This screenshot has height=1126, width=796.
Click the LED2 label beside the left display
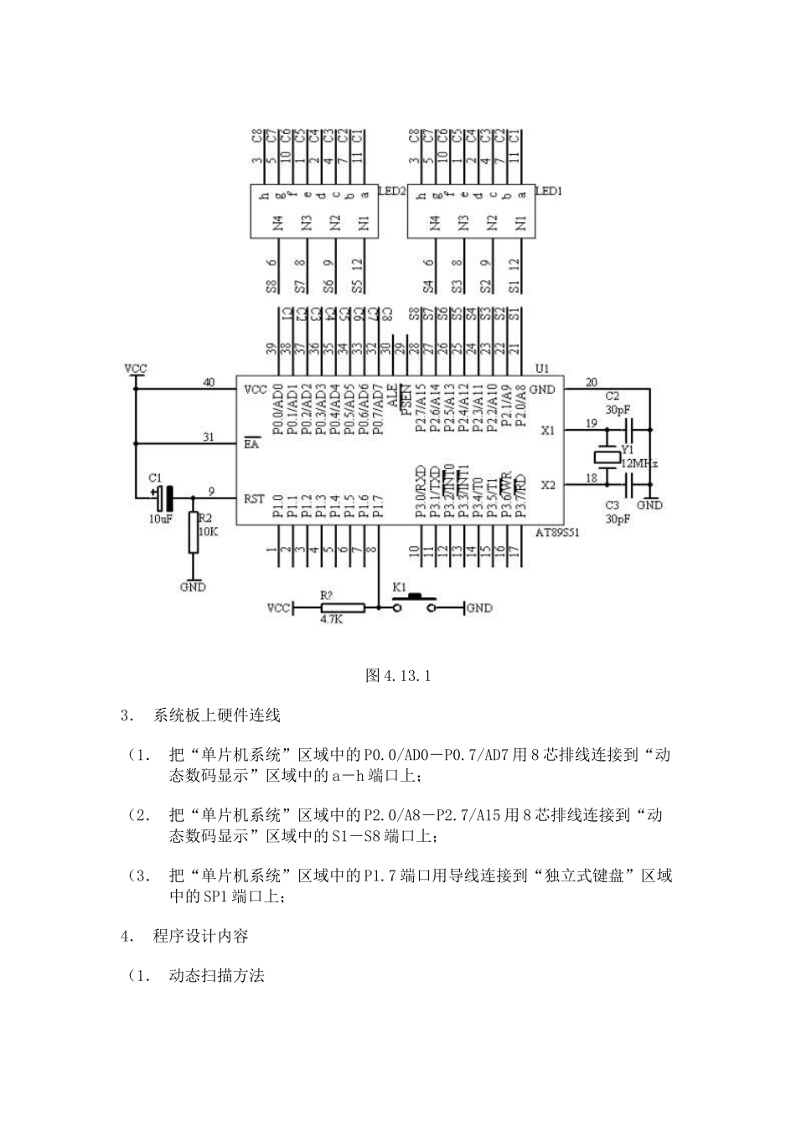(x=393, y=191)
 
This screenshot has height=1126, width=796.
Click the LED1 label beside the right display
(x=549, y=191)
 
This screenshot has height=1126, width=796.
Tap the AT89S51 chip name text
(x=556, y=532)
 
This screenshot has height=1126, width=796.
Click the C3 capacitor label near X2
(x=613, y=505)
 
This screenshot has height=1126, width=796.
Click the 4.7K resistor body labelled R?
(x=343, y=608)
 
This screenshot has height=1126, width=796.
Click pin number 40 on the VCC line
(x=209, y=382)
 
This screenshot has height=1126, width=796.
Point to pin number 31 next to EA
(x=209, y=436)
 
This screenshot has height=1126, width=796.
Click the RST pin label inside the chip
(x=254, y=499)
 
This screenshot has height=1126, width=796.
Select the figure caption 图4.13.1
(x=398, y=675)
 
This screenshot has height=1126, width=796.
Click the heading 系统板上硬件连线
(x=216, y=715)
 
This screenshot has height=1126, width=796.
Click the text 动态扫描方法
(x=216, y=975)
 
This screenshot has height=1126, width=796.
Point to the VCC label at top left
(x=135, y=368)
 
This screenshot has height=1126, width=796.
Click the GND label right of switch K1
(x=480, y=608)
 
